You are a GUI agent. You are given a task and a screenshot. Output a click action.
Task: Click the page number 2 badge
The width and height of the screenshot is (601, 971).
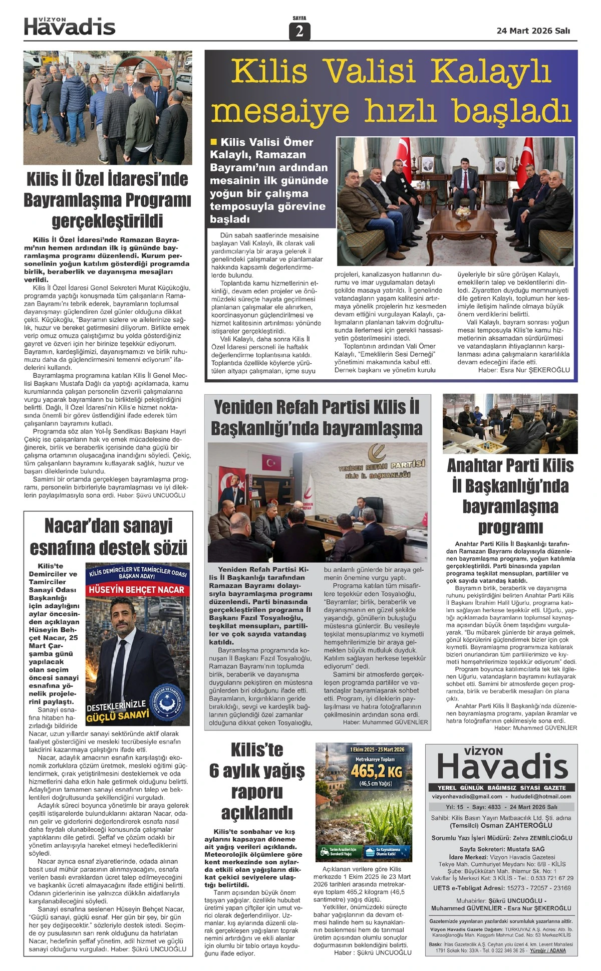pyautogui.click(x=299, y=31)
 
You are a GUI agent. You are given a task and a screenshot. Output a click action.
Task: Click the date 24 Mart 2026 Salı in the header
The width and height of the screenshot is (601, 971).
pyautogui.click(x=533, y=31)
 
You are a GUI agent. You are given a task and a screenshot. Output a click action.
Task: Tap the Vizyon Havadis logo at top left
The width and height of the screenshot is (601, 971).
pyautogui.click(x=70, y=27)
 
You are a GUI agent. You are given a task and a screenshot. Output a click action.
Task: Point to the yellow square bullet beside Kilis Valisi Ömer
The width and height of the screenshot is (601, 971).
pyautogui.click(x=214, y=142)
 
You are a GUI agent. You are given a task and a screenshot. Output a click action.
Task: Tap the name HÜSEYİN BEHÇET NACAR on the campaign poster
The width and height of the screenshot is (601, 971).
pyautogui.click(x=137, y=590)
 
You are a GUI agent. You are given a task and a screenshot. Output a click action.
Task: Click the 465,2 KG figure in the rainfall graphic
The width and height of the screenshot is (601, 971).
pyautogui.click(x=376, y=770)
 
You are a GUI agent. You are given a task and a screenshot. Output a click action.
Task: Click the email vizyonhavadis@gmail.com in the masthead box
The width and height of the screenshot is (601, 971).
pyautogui.click(x=467, y=796)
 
